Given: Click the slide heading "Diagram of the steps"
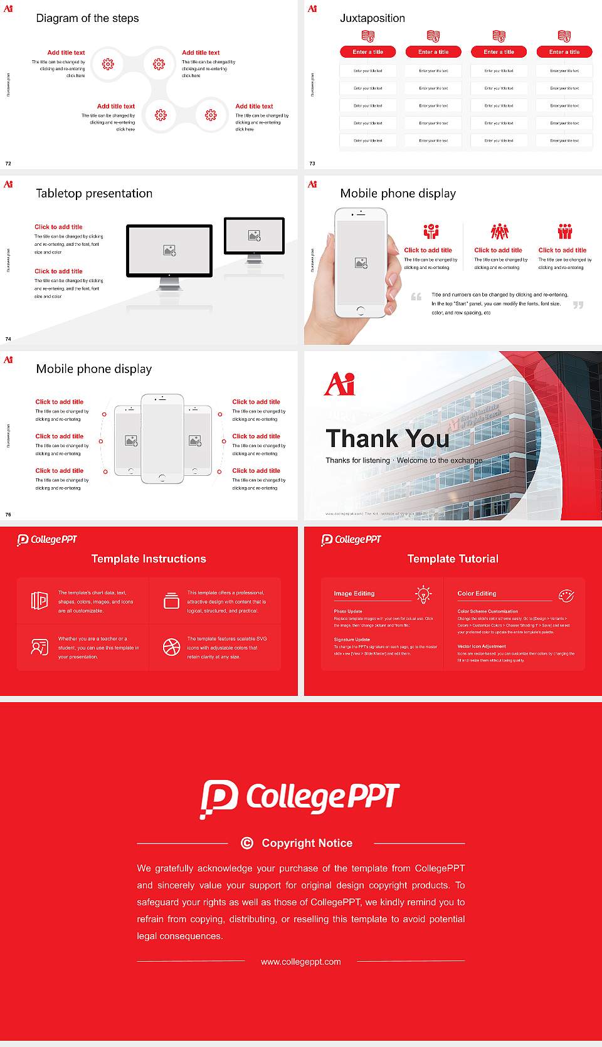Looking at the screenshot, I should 87,18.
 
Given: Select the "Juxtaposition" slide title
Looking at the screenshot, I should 372,18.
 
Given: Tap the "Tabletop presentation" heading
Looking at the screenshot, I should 94,194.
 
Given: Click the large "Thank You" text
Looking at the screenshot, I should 388,439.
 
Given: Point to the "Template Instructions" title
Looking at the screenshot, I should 149,559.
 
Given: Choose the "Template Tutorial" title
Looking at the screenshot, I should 453,559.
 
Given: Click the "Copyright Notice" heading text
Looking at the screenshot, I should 307,843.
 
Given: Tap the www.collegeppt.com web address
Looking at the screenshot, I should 301,962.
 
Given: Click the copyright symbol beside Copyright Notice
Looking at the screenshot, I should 247,843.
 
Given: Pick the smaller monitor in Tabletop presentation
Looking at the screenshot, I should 254,236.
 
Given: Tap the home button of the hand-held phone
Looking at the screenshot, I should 361,310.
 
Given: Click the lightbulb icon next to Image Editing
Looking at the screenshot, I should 424,594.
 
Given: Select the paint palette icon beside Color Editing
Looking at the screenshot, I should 566,595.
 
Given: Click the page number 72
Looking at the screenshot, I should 8,163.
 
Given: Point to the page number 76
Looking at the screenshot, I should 8,514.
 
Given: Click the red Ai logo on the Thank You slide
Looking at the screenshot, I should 339,383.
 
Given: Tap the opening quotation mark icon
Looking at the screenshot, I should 416,297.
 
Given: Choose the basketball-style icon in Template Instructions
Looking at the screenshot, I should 171,647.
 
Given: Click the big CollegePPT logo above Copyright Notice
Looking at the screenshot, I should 300,798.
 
